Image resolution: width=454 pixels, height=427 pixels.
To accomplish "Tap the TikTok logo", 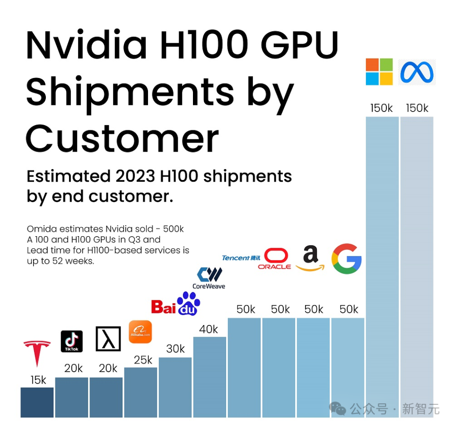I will (72, 341).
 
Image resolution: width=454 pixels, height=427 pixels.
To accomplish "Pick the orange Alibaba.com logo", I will (140, 332).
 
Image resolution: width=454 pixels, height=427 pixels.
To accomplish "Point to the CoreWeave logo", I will (209, 278).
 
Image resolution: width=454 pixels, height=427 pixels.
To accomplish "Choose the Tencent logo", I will (241, 258).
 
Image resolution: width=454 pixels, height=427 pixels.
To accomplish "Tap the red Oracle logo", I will (275, 259).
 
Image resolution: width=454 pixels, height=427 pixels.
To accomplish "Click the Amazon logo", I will (310, 259).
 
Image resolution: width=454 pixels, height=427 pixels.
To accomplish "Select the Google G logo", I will (347, 259).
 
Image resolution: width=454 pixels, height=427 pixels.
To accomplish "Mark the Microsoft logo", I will (379, 72).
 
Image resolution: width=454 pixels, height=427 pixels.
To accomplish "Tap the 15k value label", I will (38, 380).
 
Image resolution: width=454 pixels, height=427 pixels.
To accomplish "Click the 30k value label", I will (175, 349).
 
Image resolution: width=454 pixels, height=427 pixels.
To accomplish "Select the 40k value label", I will (209, 329).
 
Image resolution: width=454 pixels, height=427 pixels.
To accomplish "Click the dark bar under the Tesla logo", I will (37, 402).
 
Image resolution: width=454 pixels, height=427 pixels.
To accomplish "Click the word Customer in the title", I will (122, 138).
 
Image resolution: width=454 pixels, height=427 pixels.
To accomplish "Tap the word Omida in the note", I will (41, 229).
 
